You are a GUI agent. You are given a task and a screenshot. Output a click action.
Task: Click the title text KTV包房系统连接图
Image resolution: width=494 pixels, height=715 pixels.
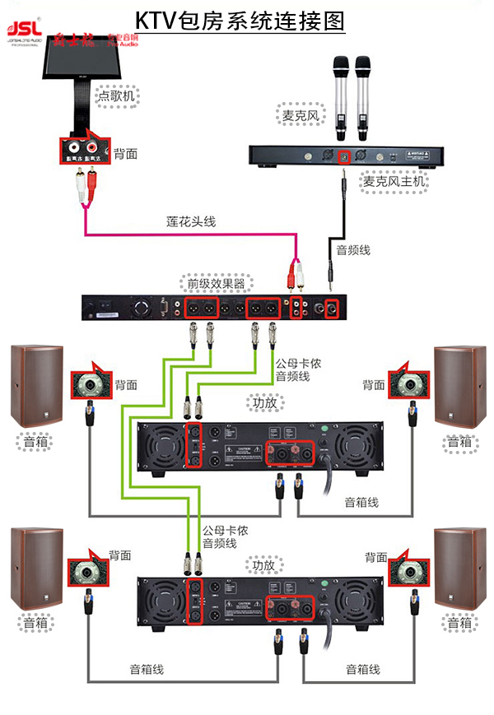240,20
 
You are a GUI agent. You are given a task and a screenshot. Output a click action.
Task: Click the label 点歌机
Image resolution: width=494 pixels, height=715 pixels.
116,96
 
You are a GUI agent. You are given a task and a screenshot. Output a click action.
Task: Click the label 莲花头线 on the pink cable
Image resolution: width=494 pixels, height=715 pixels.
186,221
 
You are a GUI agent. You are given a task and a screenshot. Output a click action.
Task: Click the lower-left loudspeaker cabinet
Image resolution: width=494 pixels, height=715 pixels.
37,567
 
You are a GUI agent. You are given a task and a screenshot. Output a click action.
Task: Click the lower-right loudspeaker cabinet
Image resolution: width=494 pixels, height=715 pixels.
459,567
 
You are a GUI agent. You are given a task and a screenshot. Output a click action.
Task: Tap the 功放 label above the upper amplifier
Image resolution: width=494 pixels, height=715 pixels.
263,403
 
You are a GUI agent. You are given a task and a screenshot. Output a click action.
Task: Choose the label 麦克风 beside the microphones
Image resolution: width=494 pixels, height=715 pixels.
301,116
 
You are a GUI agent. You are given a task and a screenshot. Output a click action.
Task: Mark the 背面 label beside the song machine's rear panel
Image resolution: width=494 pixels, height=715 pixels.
125,153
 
